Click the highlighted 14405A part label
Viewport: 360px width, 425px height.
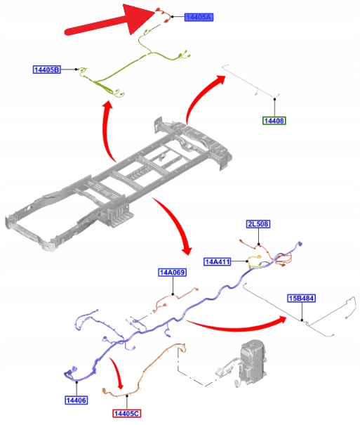click(199, 17)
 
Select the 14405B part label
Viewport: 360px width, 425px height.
click(47, 70)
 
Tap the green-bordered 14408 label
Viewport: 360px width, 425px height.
click(274, 121)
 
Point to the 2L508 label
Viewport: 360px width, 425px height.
click(258, 224)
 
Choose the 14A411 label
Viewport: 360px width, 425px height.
click(218, 261)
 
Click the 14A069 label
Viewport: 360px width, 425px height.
click(173, 272)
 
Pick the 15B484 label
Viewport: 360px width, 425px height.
click(301, 299)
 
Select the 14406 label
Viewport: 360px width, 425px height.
click(76, 400)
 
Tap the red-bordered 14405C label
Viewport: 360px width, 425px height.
click(127, 413)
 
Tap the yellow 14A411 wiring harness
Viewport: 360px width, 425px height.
click(255, 261)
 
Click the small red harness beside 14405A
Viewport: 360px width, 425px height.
click(164, 15)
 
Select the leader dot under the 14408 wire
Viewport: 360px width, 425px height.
click(275, 99)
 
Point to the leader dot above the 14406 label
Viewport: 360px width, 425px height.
click(76, 382)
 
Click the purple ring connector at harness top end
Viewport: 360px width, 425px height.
click(300, 244)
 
